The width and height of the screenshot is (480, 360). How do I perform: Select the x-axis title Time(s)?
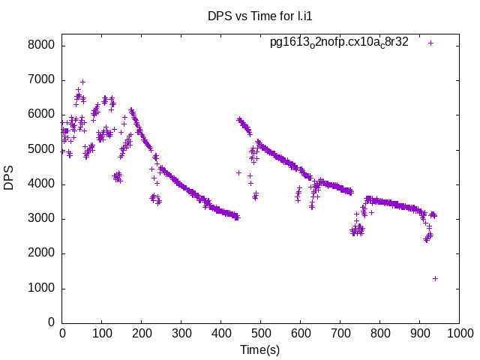pyautogui.click(x=260, y=349)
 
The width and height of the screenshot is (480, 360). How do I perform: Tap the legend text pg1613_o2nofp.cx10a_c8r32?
pyautogui.click(x=339, y=42)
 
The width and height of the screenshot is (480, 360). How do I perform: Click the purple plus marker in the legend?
pyautogui.click(x=431, y=43)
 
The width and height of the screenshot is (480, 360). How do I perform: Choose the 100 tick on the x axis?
pyautogui.click(x=102, y=333)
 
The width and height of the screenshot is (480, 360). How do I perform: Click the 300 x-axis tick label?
pyautogui.click(x=181, y=333)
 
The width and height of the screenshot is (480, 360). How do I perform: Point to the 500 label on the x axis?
pyautogui.click(x=261, y=333)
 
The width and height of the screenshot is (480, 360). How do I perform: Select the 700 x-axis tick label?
pyautogui.click(x=340, y=333)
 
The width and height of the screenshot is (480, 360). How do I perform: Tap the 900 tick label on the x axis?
pyautogui.click(x=419, y=333)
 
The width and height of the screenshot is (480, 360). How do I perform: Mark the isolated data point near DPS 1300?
pyautogui.click(x=435, y=278)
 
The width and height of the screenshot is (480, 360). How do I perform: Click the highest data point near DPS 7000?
pyautogui.click(x=82, y=82)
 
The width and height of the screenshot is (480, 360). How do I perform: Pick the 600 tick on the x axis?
pyautogui.click(x=300, y=333)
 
